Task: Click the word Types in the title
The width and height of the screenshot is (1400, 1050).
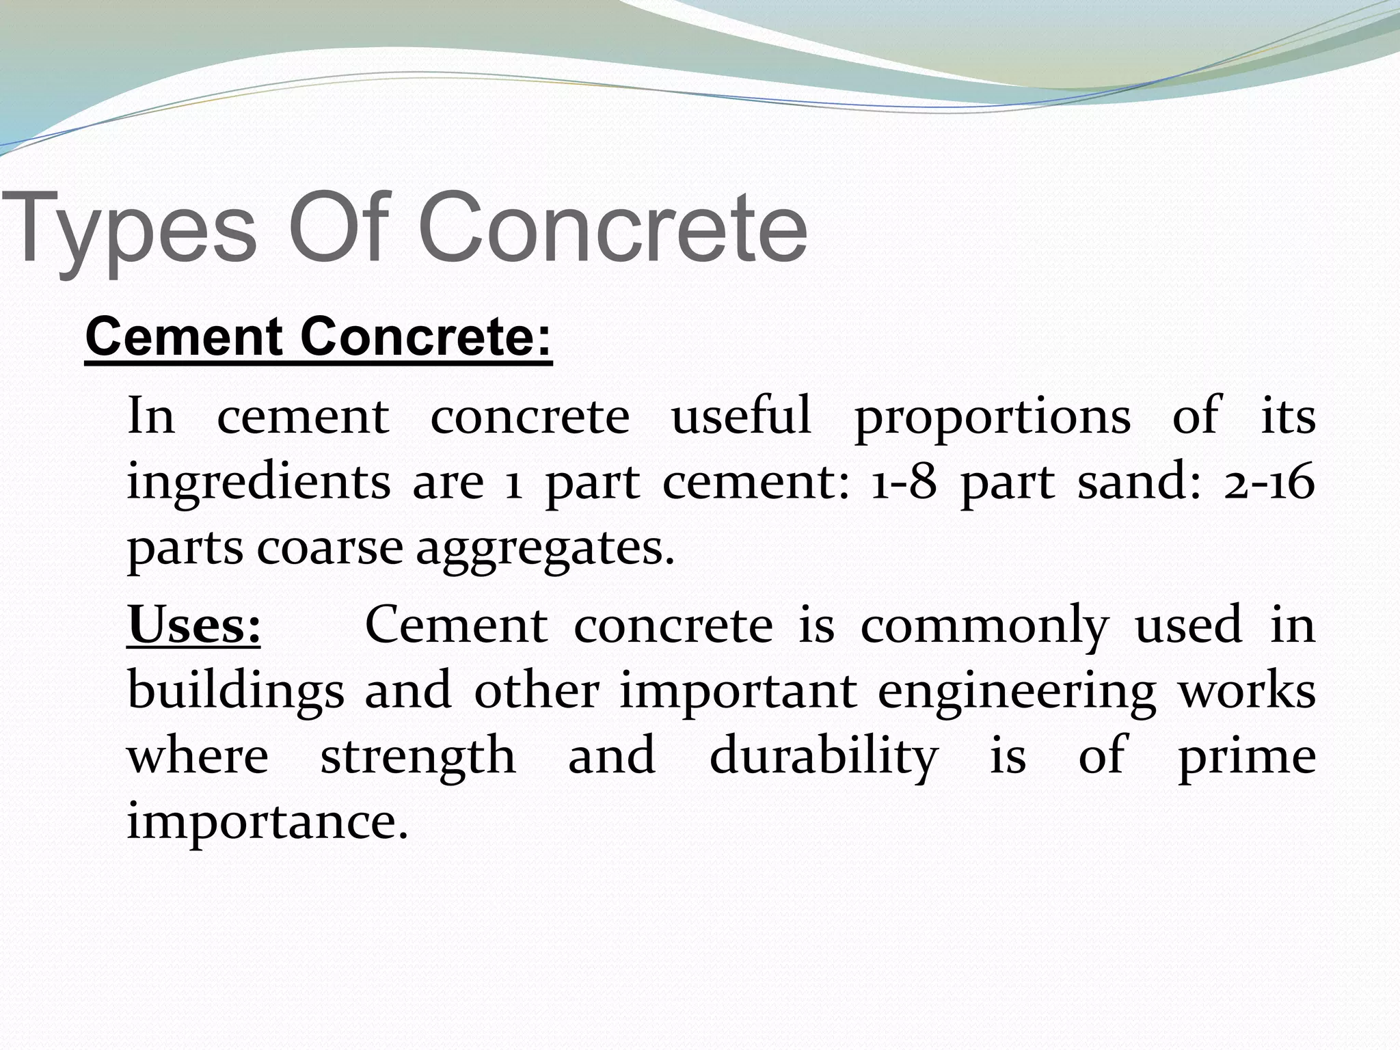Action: pos(130,229)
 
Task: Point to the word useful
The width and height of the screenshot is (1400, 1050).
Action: pos(741,416)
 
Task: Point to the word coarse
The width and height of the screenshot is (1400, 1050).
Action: pos(330,549)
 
